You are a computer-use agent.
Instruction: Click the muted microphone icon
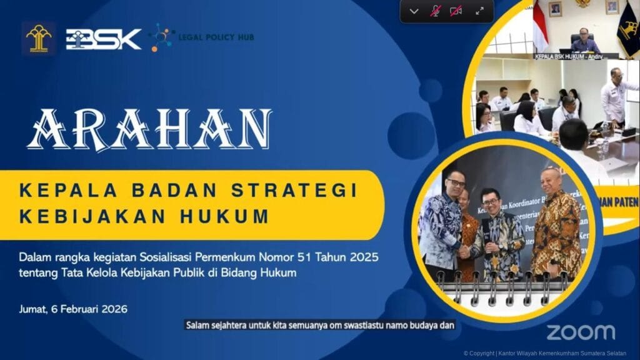point(436,11)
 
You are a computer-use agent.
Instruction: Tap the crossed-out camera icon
point(456,11)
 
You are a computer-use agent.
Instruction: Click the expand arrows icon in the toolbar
point(480,11)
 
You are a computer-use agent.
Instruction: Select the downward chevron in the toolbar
point(414,11)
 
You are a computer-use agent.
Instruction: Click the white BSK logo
point(104,39)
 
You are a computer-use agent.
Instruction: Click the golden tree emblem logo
point(39,38)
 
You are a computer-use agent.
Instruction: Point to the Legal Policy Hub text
point(216,38)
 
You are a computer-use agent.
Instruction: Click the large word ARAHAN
point(149,129)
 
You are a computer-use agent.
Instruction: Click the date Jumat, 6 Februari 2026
point(73,309)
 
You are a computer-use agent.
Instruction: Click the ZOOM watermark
point(581,332)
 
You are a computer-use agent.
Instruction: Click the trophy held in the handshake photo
point(486,237)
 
